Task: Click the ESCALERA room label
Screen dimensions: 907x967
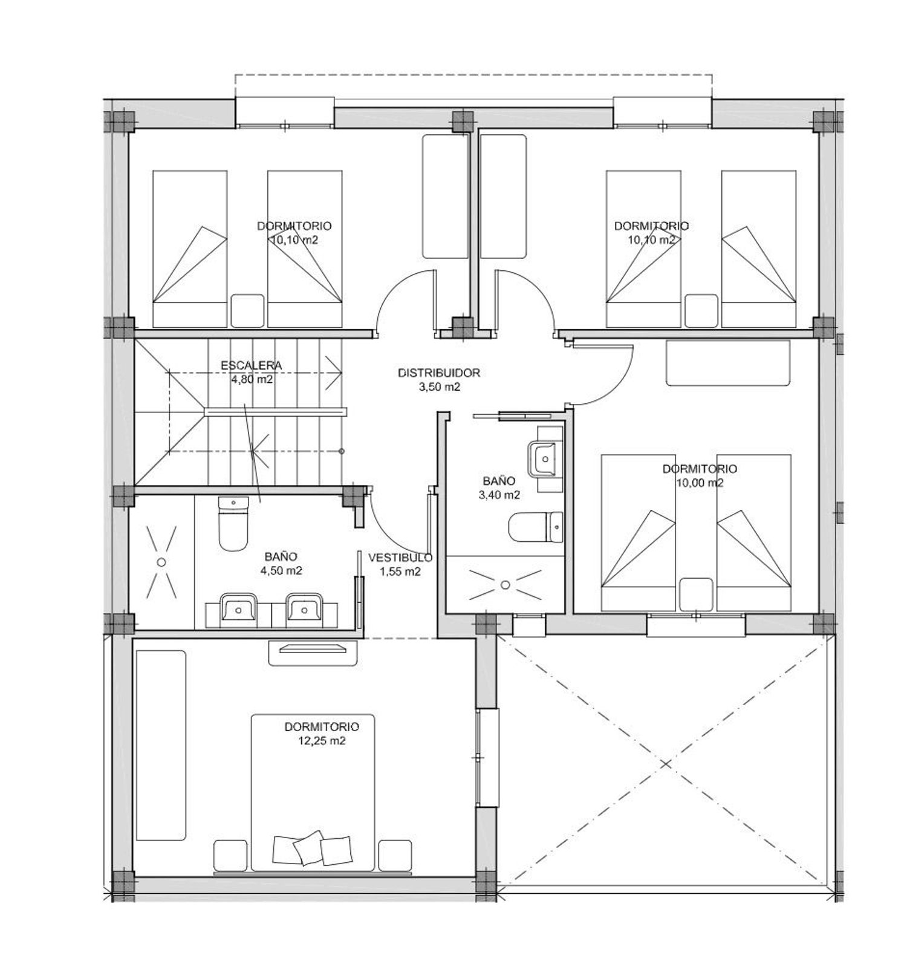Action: pyautogui.click(x=251, y=365)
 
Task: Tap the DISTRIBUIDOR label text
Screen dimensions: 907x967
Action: pyautogui.click(x=439, y=373)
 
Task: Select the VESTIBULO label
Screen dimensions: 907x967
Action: pyautogui.click(x=400, y=558)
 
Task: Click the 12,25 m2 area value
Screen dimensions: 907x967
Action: pyautogui.click(x=322, y=741)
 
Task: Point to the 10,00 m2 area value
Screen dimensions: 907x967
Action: pyautogui.click(x=700, y=483)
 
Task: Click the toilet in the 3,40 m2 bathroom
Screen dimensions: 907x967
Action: pyautogui.click(x=536, y=527)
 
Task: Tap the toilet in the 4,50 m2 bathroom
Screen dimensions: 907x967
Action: pyautogui.click(x=233, y=524)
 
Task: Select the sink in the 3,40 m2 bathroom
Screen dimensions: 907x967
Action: pyautogui.click(x=545, y=459)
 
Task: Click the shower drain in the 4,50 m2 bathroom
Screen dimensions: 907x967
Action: pyautogui.click(x=161, y=562)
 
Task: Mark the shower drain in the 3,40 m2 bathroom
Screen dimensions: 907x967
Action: pyautogui.click(x=506, y=584)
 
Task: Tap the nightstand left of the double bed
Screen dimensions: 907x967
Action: pyautogui.click(x=230, y=855)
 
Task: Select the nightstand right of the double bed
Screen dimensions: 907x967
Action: pyautogui.click(x=395, y=855)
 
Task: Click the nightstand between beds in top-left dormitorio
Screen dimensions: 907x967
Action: pyautogui.click(x=247, y=311)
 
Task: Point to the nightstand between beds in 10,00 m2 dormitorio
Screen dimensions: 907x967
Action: pyautogui.click(x=696, y=594)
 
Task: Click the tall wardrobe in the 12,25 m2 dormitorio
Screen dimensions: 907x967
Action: pyautogui.click(x=161, y=745)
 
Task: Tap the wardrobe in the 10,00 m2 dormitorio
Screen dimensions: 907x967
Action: pyautogui.click(x=728, y=363)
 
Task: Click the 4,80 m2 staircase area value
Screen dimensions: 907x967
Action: pyautogui.click(x=252, y=380)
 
